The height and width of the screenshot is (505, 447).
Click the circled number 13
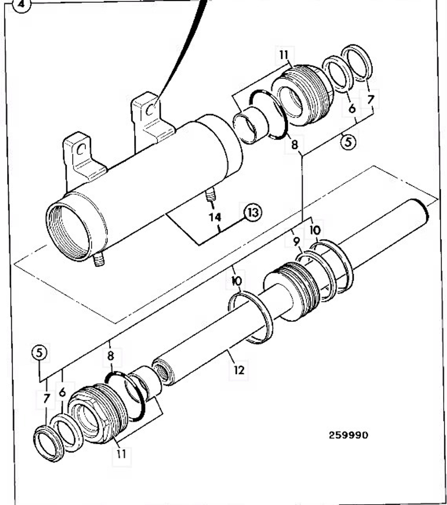point(253,212)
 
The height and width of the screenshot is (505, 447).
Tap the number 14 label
point(215,218)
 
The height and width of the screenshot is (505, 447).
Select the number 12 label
point(239,370)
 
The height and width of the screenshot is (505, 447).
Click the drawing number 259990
point(349,435)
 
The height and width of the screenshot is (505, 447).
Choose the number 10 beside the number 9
point(315,230)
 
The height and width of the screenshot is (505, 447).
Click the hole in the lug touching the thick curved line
point(150,108)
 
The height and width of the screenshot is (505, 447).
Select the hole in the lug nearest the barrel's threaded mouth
point(80,149)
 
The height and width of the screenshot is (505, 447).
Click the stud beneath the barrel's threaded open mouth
point(99,259)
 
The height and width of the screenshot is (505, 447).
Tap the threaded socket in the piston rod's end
point(162,372)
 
